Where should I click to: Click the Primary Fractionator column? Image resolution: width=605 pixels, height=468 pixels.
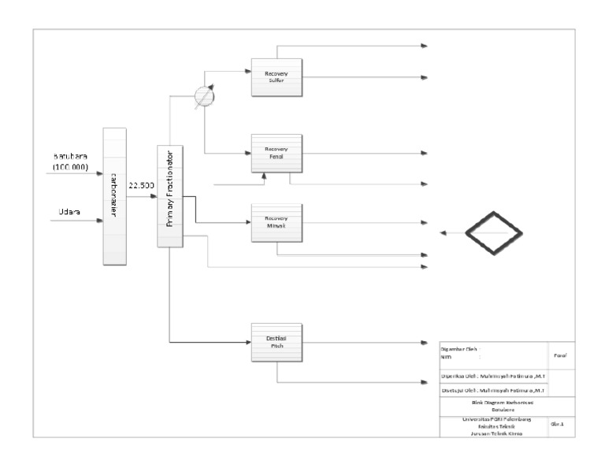tap(170, 197)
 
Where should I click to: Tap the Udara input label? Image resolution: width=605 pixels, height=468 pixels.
tap(69, 212)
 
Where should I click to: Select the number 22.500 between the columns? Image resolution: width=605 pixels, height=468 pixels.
tap(141, 186)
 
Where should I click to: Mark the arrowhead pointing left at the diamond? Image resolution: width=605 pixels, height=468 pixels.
tap(444, 233)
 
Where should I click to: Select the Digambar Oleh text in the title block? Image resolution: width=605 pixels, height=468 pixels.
tap(458, 348)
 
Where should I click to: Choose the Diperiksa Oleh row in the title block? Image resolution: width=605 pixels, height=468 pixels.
tap(492, 377)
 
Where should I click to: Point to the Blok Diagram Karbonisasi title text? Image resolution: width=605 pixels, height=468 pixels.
tap(492, 403)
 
